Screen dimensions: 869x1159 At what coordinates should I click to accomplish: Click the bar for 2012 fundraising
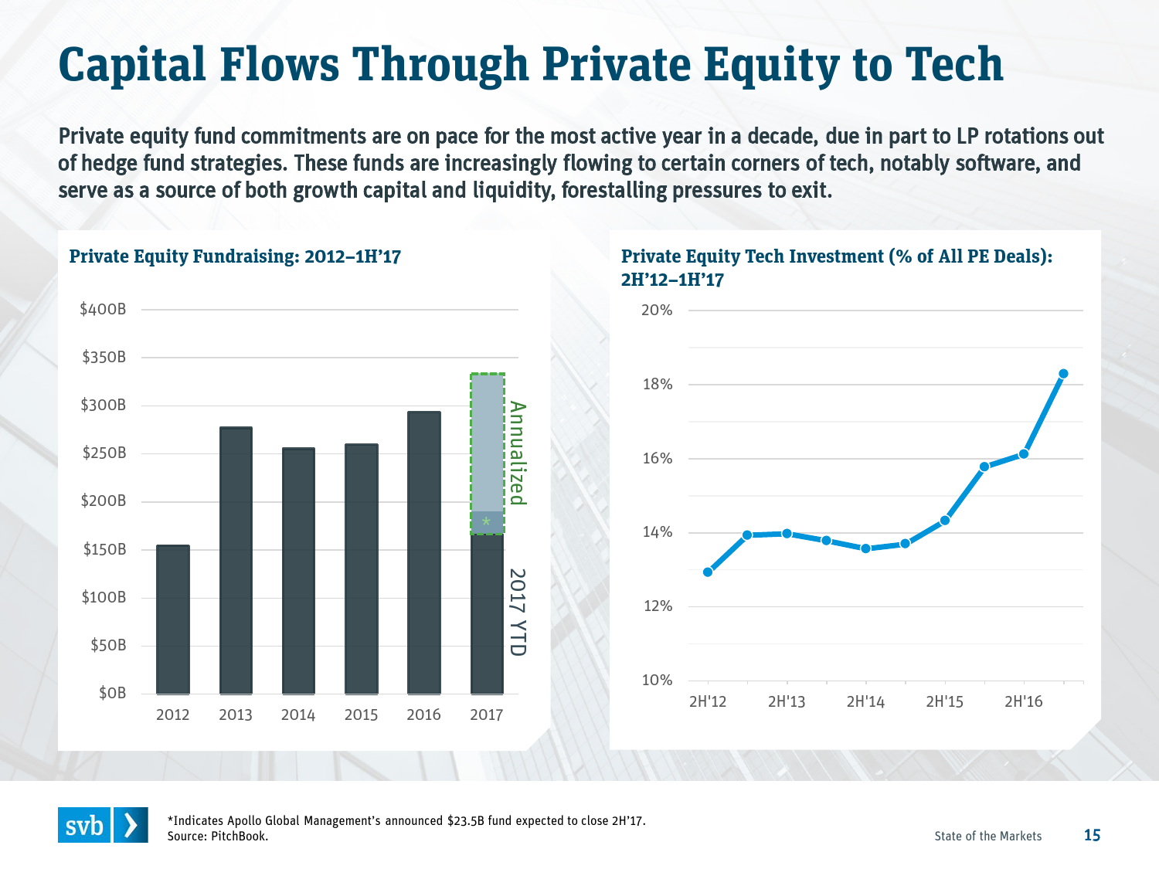pyautogui.click(x=172, y=620)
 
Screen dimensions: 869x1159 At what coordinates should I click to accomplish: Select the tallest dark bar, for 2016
pyautogui.click(x=423, y=552)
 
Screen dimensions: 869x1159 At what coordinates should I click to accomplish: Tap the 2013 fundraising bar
pyautogui.click(x=236, y=560)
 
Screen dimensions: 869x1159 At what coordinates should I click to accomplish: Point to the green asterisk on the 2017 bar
pyautogui.click(x=486, y=523)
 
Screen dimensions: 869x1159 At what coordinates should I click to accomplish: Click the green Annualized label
pyautogui.click(x=517, y=453)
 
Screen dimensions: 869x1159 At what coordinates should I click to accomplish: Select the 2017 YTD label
pyautogui.click(x=517, y=613)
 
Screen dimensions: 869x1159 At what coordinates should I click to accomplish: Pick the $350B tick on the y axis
pyautogui.click(x=104, y=357)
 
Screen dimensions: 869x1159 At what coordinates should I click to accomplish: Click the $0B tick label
pyautogui.click(x=112, y=693)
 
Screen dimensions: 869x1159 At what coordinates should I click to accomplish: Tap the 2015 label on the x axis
pyautogui.click(x=361, y=715)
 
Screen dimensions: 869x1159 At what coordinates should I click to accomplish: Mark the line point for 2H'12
pyautogui.click(x=708, y=572)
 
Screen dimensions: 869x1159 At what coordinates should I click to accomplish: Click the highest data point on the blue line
pyautogui.click(x=1063, y=374)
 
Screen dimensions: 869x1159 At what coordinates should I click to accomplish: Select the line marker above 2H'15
pyautogui.click(x=944, y=521)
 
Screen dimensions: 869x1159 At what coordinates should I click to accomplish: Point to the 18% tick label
pyautogui.click(x=658, y=385)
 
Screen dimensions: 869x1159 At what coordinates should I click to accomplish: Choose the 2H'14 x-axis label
pyautogui.click(x=865, y=701)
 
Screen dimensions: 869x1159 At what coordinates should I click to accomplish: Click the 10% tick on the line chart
pyautogui.click(x=658, y=681)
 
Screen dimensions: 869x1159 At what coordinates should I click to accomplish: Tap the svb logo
pyautogui.click(x=103, y=825)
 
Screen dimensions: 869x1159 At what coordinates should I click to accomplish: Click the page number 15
pyautogui.click(x=1092, y=835)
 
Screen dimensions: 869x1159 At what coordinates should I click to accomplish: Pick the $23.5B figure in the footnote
pyautogui.click(x=466, y=820)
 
